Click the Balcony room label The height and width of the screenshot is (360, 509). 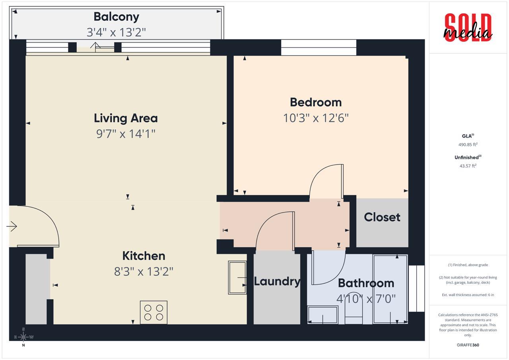click(x=116, y=17)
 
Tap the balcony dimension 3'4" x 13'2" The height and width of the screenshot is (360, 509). click(x=116, y=32)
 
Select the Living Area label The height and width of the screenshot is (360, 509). click(x=126, y=118)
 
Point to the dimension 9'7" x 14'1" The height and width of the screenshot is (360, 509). click(x=126, y=134)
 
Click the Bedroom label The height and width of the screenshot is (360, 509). click(x=316, y=102)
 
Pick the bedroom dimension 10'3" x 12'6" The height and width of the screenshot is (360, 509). click(x=316, y=118)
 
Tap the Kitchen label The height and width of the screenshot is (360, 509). click(x=144, y=255)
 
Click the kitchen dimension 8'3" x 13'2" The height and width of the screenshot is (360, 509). click(x=144, y=272)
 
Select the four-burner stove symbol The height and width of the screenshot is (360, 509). click(x=153, y=312)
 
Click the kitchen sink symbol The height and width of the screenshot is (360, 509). click(x=237, y=277)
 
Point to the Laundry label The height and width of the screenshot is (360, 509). click(x=277, y=281)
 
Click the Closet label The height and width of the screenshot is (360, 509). click(x=382, y=217)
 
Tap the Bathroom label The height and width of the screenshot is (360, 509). click(x=366, y=283)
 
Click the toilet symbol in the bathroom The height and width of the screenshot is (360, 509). click(x=353, y=310)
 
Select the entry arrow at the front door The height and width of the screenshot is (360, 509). click(x=12, y=226)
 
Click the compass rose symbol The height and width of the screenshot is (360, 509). click(x=23, y=337)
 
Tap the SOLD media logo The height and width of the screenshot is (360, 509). click(x=468, y=27)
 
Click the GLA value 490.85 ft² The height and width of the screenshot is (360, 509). click(x=468, y=145)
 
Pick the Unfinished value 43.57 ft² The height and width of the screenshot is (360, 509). click(x=468, y=166)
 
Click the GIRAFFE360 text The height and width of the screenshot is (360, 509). click(x=468, y=345)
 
